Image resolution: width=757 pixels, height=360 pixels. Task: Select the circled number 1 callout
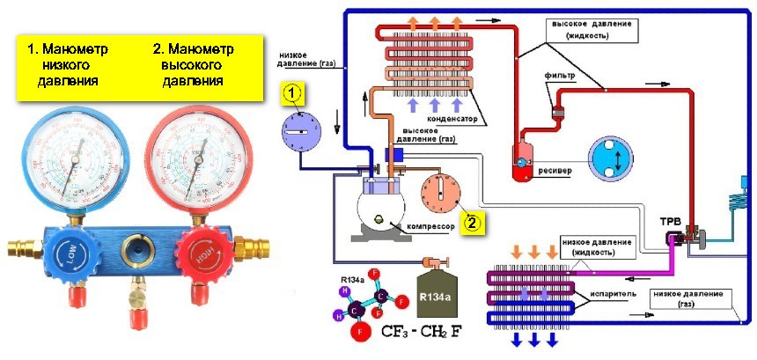(x=294, y=91)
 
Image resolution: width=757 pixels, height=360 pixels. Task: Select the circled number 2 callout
(x=473, y=222)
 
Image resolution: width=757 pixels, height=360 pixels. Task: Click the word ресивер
(x=555, y=169)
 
